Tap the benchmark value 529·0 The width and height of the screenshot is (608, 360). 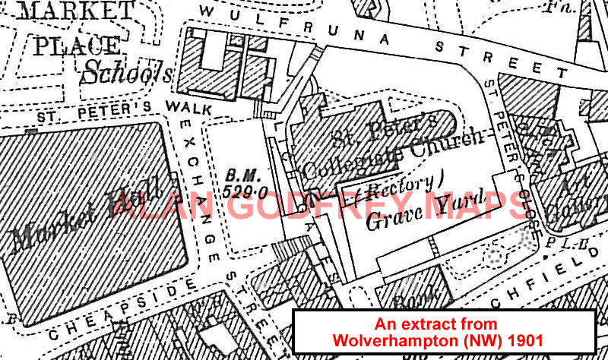(241, 192)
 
